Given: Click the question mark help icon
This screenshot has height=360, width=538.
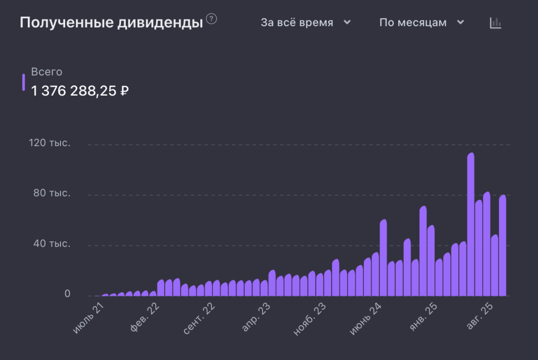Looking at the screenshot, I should (x=211, y=19).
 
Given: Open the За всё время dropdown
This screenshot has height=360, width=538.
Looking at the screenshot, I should (x=306, y=23).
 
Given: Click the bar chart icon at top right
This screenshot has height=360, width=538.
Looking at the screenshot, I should (x=495, y=23).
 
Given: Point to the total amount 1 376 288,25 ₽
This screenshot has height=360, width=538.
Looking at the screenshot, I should (x=80, y=91).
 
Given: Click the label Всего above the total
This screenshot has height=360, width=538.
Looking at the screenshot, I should (x=47, y=72).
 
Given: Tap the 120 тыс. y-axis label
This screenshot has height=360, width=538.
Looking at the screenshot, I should (x=49, y=143).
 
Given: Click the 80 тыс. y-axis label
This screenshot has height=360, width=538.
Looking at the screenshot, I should (x=52, y=194).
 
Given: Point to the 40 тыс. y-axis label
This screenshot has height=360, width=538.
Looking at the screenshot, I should (x=52, y=244).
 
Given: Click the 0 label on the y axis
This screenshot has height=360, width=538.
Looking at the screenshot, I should (x=67, y=294).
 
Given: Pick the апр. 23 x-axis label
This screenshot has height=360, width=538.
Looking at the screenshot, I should (x=256, y=317).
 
